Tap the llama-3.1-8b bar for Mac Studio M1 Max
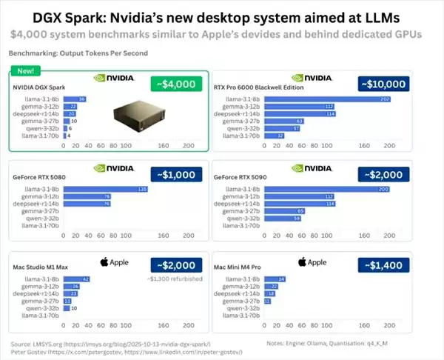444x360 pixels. pyautogui.click(x=76, y=279)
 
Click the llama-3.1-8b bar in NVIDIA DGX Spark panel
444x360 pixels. pyautogui.click(x=75, y=99)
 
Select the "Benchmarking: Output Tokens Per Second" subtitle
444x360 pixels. pyautogui.click(x=78, y=53)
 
